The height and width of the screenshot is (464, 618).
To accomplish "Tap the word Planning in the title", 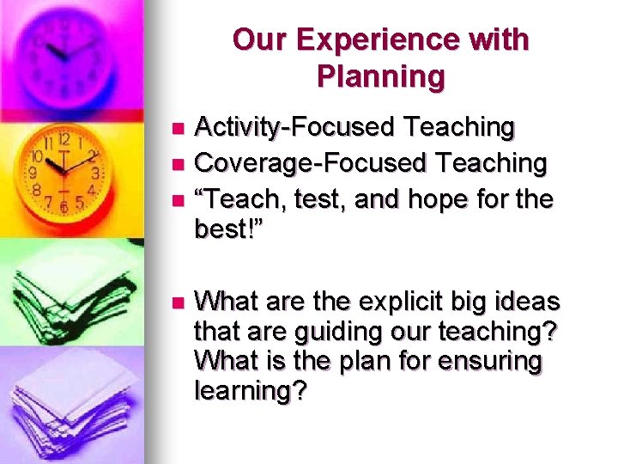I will (380, 76).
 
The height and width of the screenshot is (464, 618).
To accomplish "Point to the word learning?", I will (250, 390).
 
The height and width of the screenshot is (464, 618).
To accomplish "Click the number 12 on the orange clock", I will (64, 138).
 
